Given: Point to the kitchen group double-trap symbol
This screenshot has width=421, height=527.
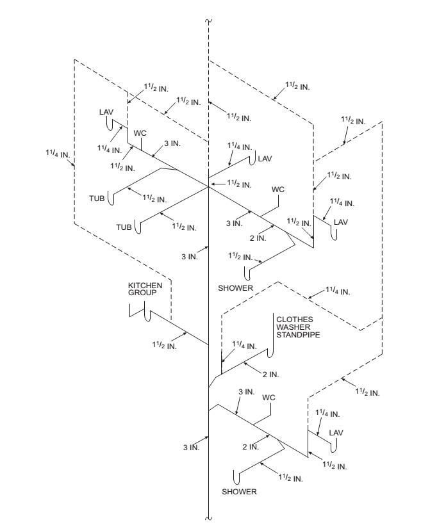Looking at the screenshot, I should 140,312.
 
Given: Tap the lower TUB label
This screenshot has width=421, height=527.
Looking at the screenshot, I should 124,227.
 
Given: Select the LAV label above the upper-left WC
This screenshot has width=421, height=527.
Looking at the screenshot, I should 106,111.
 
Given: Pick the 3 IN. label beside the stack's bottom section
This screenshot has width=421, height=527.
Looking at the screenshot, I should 191,447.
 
